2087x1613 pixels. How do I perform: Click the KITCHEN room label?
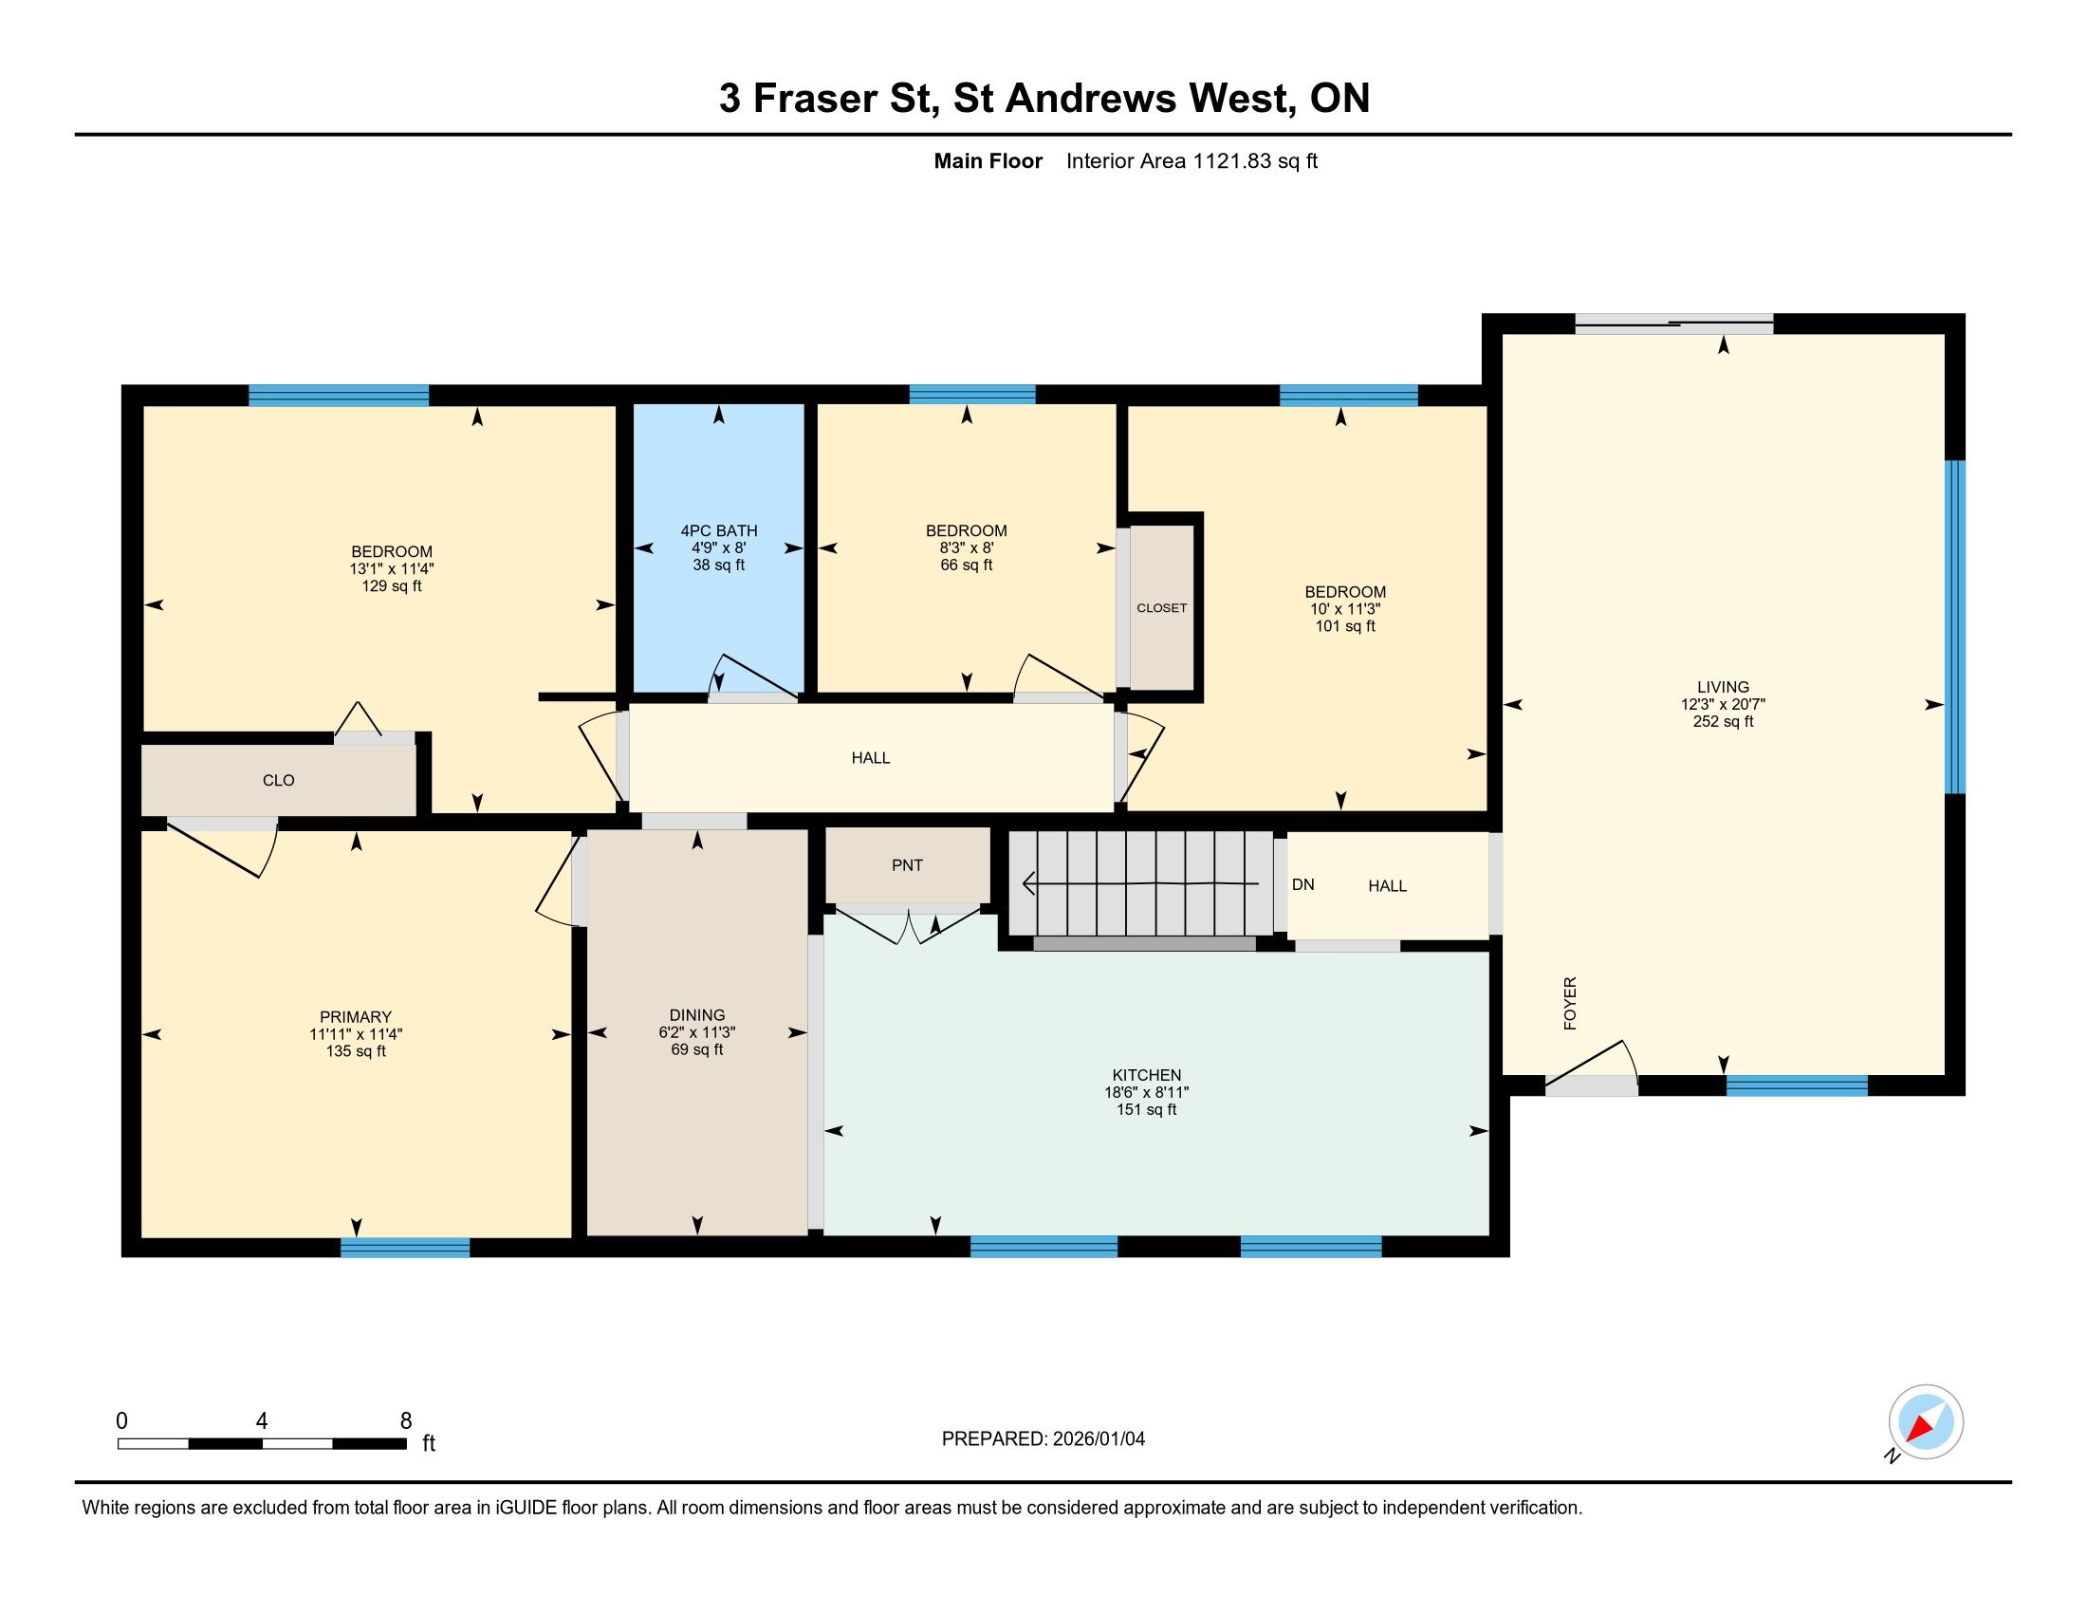[1146, 1075]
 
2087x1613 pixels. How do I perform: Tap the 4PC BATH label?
[719, 530]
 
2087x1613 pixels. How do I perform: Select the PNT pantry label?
[907, 864]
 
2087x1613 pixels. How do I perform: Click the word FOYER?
[1570, 1003]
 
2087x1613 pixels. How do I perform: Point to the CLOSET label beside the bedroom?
[1161, 608]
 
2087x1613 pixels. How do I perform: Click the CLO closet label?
[278, 780]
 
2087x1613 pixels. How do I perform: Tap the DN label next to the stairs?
[1302, 885]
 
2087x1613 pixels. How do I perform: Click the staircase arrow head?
[1029, 884]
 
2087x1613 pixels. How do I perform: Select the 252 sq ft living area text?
[1723, 721]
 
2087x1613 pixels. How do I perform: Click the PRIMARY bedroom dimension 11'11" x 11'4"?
[356, 1034]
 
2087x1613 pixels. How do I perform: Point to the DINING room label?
[696, 1015]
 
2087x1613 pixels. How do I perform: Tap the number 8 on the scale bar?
[406, 1421]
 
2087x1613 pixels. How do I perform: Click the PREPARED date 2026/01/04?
[1097, 1438]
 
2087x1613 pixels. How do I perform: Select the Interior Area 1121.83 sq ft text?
[1191, 160]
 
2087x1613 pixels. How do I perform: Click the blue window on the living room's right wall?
[1955, 627]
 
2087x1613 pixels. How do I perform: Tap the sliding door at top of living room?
[1674, 324]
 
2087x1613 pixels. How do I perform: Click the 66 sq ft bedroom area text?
[966, 565]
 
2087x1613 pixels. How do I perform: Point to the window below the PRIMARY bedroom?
[405, 1247]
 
